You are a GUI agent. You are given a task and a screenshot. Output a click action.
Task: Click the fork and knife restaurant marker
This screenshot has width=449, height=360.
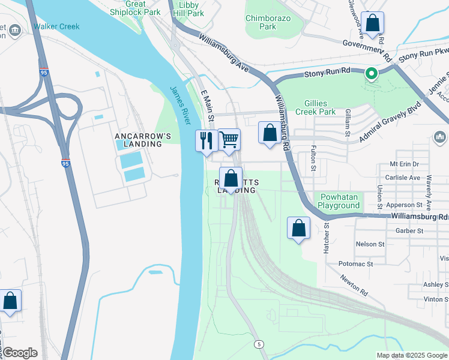click(206, 141)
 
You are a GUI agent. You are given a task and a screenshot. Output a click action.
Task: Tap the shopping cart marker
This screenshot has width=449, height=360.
click(229, 140)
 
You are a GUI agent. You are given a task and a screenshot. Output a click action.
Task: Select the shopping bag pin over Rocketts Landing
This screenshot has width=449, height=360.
click(231, 178)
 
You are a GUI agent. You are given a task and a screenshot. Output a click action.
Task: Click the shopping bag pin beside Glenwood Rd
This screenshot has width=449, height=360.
click(372, 23)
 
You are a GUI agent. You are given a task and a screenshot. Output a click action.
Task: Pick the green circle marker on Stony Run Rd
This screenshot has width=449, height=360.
click(372, 74)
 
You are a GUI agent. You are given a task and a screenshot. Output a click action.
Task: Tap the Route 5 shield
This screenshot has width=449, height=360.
click(258, 343)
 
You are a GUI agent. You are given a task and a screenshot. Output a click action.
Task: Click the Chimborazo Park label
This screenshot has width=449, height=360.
click(269, 22)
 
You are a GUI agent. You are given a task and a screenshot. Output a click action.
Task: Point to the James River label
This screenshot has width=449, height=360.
click(180, 106)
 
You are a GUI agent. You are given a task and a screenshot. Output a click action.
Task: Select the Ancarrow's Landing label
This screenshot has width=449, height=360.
click(139, 140)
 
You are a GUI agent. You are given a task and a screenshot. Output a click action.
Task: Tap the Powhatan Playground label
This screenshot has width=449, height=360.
click(339, 201)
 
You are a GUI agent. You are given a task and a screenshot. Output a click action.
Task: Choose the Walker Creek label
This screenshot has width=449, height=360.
click(56, 26)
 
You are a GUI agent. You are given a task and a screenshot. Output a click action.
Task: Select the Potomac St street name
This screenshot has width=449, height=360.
click(355, 263)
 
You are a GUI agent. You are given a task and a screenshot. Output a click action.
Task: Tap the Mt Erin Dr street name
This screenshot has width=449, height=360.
click(404, 164)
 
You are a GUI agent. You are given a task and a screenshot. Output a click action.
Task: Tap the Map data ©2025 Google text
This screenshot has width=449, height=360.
click(411, 355)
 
